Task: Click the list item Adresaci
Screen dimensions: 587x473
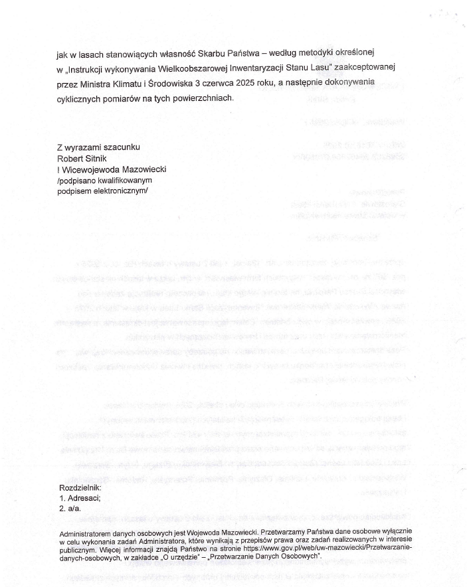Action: coord(83,498)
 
